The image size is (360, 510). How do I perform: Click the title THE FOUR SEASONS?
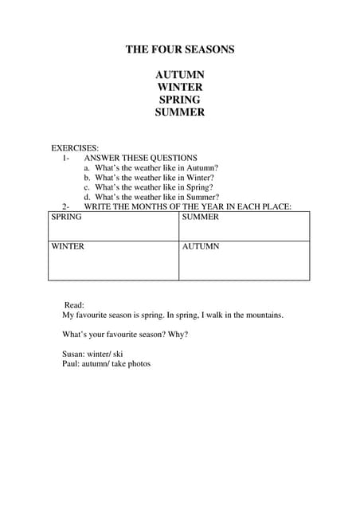point(180,49)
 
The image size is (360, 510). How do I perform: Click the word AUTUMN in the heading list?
point(180,74)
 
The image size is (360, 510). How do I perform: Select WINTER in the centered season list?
point(180,87)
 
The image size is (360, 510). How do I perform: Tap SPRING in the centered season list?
point(180,100)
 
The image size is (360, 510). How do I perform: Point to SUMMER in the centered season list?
point(180,112)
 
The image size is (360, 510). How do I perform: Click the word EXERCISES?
point(75,148)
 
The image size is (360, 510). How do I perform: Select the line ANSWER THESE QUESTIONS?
point(140,158)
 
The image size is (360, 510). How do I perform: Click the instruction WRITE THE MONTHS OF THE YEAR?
point(187,206)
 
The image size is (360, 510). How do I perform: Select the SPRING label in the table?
point(66,217)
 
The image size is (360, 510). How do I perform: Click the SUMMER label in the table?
point(200,217)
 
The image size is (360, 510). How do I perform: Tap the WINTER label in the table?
point(68,246)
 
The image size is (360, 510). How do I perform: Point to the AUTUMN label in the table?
point(201,246)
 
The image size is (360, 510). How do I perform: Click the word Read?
point(74,305)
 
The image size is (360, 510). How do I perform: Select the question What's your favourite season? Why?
point(125,335)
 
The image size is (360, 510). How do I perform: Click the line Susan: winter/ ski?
point(92,354)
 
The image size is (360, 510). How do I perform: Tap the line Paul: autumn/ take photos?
point(106,363)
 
